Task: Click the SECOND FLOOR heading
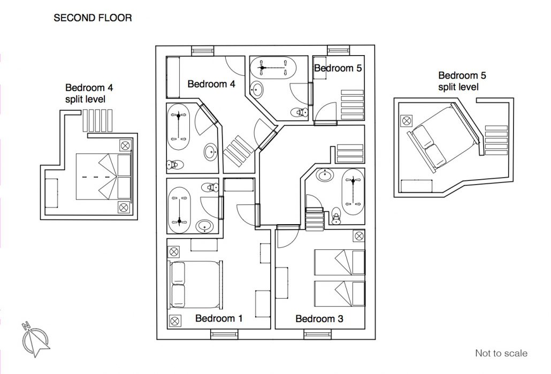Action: [93, 18]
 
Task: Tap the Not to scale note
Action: [501, 353]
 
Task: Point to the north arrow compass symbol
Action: [35, 340]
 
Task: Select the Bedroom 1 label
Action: [219, 318]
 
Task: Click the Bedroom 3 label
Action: [319, 319]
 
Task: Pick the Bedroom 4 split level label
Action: [89, 93]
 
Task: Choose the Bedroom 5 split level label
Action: [462, 81]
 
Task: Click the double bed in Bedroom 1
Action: [196, 284]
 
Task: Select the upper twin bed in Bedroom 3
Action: [340, 262]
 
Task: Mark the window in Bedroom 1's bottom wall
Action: [224, 334]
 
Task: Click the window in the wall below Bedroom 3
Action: [317, 334]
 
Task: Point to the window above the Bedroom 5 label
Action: [339, 51]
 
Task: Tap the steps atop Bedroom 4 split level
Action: [97, 120]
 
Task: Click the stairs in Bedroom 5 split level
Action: [496, 140]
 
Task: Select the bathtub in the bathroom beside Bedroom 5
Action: [273, 67]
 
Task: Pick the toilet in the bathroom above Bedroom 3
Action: [336, 216]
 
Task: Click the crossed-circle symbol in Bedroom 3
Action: [359, 236]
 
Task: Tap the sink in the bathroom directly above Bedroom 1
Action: [204, 226]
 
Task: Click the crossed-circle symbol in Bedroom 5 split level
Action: [406, 121]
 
